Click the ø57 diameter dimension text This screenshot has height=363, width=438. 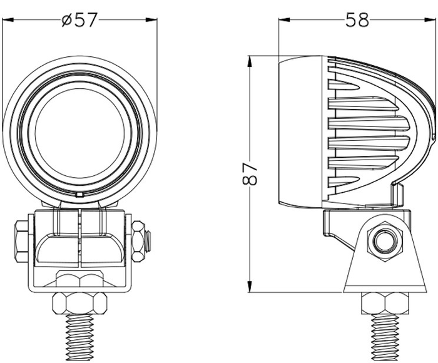point(80,20)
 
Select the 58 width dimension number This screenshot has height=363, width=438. point(357,20)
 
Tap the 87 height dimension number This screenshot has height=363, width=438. point(250,173)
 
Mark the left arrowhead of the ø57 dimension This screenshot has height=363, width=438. point(8,20)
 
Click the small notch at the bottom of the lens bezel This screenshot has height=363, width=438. point(79,196)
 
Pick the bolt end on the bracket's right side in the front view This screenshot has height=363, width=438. point(148,240)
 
